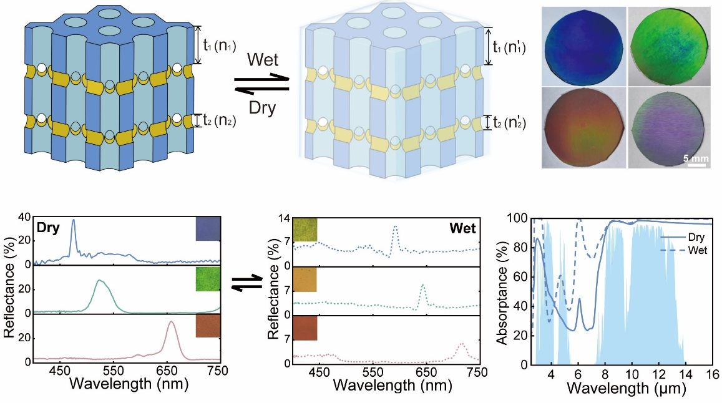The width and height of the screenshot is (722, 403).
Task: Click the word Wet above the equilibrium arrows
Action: click(x=262, y=61)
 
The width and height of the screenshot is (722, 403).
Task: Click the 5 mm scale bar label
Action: click(x=695, y=158)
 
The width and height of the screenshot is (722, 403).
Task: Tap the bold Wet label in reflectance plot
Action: click(x=462, y=228)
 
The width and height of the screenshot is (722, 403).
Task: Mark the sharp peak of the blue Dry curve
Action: click(x=73, y=220)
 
